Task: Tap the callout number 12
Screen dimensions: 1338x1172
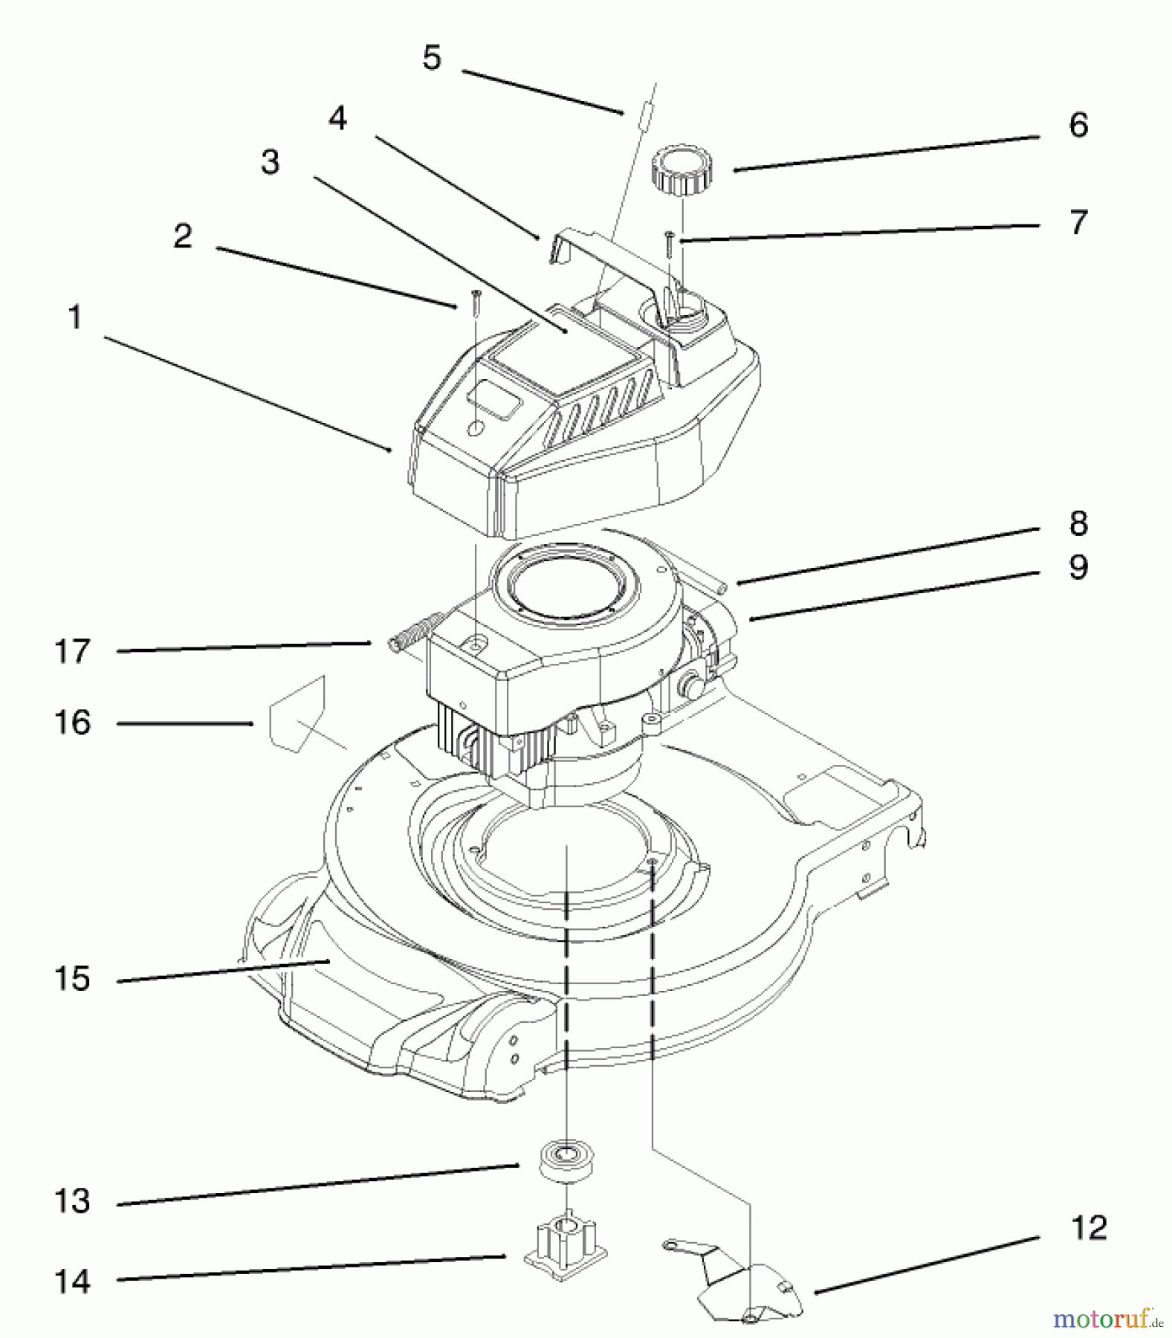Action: pos(1089,1228)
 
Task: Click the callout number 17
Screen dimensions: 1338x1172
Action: pos(72,652)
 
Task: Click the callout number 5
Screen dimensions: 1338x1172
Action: pos(432,58)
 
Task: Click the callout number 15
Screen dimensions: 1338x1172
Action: pos(72,979)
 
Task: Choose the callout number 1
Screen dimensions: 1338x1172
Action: pos(74,318)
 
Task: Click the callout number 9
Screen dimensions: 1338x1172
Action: pos(1078,567)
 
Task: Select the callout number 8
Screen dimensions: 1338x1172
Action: pos(1078,523)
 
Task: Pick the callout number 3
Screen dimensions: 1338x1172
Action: pos(271,162)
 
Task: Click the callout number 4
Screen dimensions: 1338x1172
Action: pos(338,118)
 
